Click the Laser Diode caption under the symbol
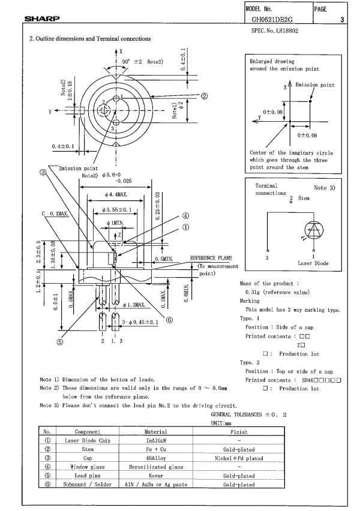tap(313, 263)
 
